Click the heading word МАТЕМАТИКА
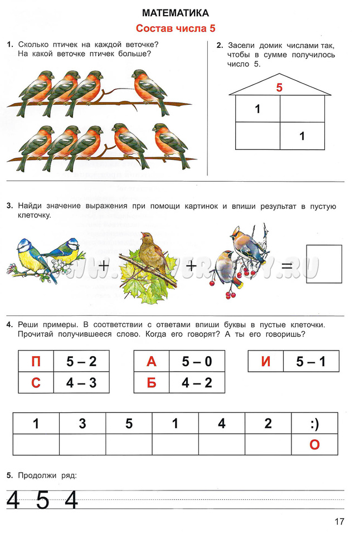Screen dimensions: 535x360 click(176, 12)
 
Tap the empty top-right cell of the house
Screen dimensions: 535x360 click(302, 109)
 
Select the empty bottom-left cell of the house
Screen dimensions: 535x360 click(257, 135)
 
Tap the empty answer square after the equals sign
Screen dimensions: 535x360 click(324, 264)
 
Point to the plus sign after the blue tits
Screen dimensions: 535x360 click(104, 266)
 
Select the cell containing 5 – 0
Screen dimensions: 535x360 click(197, 361)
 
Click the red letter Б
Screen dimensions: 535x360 click(152, 383)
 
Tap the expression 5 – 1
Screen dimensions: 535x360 click(311, 361)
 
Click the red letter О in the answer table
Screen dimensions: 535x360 click(314, 445)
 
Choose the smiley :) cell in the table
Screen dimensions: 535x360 click(314, 424)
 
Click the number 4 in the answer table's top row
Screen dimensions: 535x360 click(222, 424)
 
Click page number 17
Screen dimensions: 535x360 click(339, 522)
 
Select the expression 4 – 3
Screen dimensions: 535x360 click(81, 383)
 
